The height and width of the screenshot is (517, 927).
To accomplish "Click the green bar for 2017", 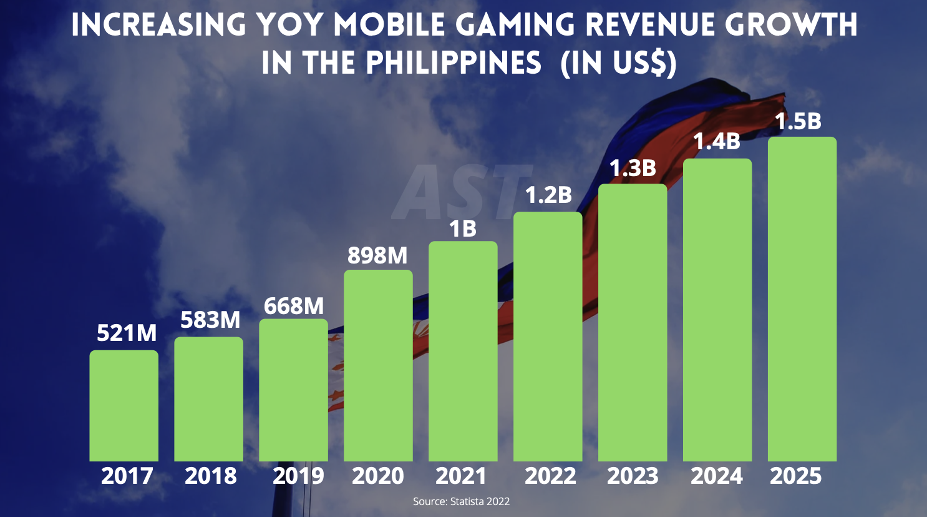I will [124, 406].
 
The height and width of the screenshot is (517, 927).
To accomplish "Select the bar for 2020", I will [378, 365].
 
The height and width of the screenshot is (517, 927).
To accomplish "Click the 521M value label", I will [127, 333].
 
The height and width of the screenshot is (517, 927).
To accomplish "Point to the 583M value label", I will [210, 320].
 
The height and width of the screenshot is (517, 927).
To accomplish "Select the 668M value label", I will [294, 307].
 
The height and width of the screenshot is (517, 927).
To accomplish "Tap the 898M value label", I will [377, 256].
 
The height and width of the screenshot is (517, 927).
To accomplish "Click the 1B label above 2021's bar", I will [463, 230].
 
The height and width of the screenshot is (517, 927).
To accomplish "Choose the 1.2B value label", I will [548, 195].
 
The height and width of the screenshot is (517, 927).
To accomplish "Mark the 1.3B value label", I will [633, 169].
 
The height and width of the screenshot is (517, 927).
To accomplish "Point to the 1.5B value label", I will [798, 122].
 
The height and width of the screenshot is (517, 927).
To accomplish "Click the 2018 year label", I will [211, 476].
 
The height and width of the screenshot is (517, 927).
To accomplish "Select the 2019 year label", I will [298, 476].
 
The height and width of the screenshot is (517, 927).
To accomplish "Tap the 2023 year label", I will [633, 476].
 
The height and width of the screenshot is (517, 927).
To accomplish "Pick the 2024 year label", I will [717, 476].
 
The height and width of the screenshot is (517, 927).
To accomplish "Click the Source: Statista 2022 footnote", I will [461, 501].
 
